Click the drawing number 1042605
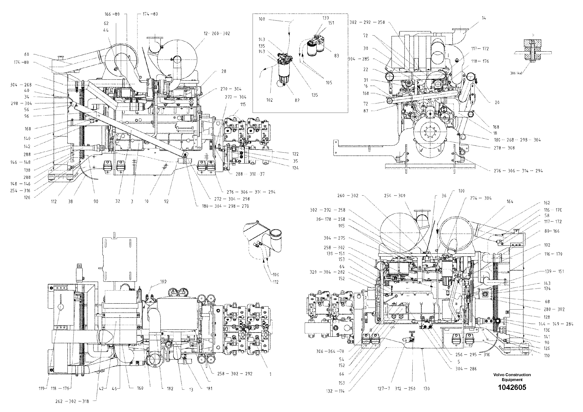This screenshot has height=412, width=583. click(512, 387)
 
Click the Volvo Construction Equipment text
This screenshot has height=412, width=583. click(512, 377)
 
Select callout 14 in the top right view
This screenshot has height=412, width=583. click(484, 18)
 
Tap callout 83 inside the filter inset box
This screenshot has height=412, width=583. click(336, 56)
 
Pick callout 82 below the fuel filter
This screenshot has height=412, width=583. click(297, 100)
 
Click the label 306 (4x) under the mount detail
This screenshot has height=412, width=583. click(516, 73)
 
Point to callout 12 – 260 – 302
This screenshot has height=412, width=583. click(217, 33)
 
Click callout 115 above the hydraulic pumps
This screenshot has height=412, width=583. click(243, 104)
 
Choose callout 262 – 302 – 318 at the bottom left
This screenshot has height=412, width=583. click(72, 401)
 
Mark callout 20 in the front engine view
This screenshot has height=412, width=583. click(497, 102)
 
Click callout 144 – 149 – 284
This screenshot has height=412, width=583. click(556, 324)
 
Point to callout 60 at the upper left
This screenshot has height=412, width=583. click(27, 54)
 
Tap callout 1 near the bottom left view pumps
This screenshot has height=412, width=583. click(270, 374)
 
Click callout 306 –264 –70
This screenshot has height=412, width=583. click(330, 351)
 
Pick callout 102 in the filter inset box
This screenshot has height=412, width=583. click(269, 100)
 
